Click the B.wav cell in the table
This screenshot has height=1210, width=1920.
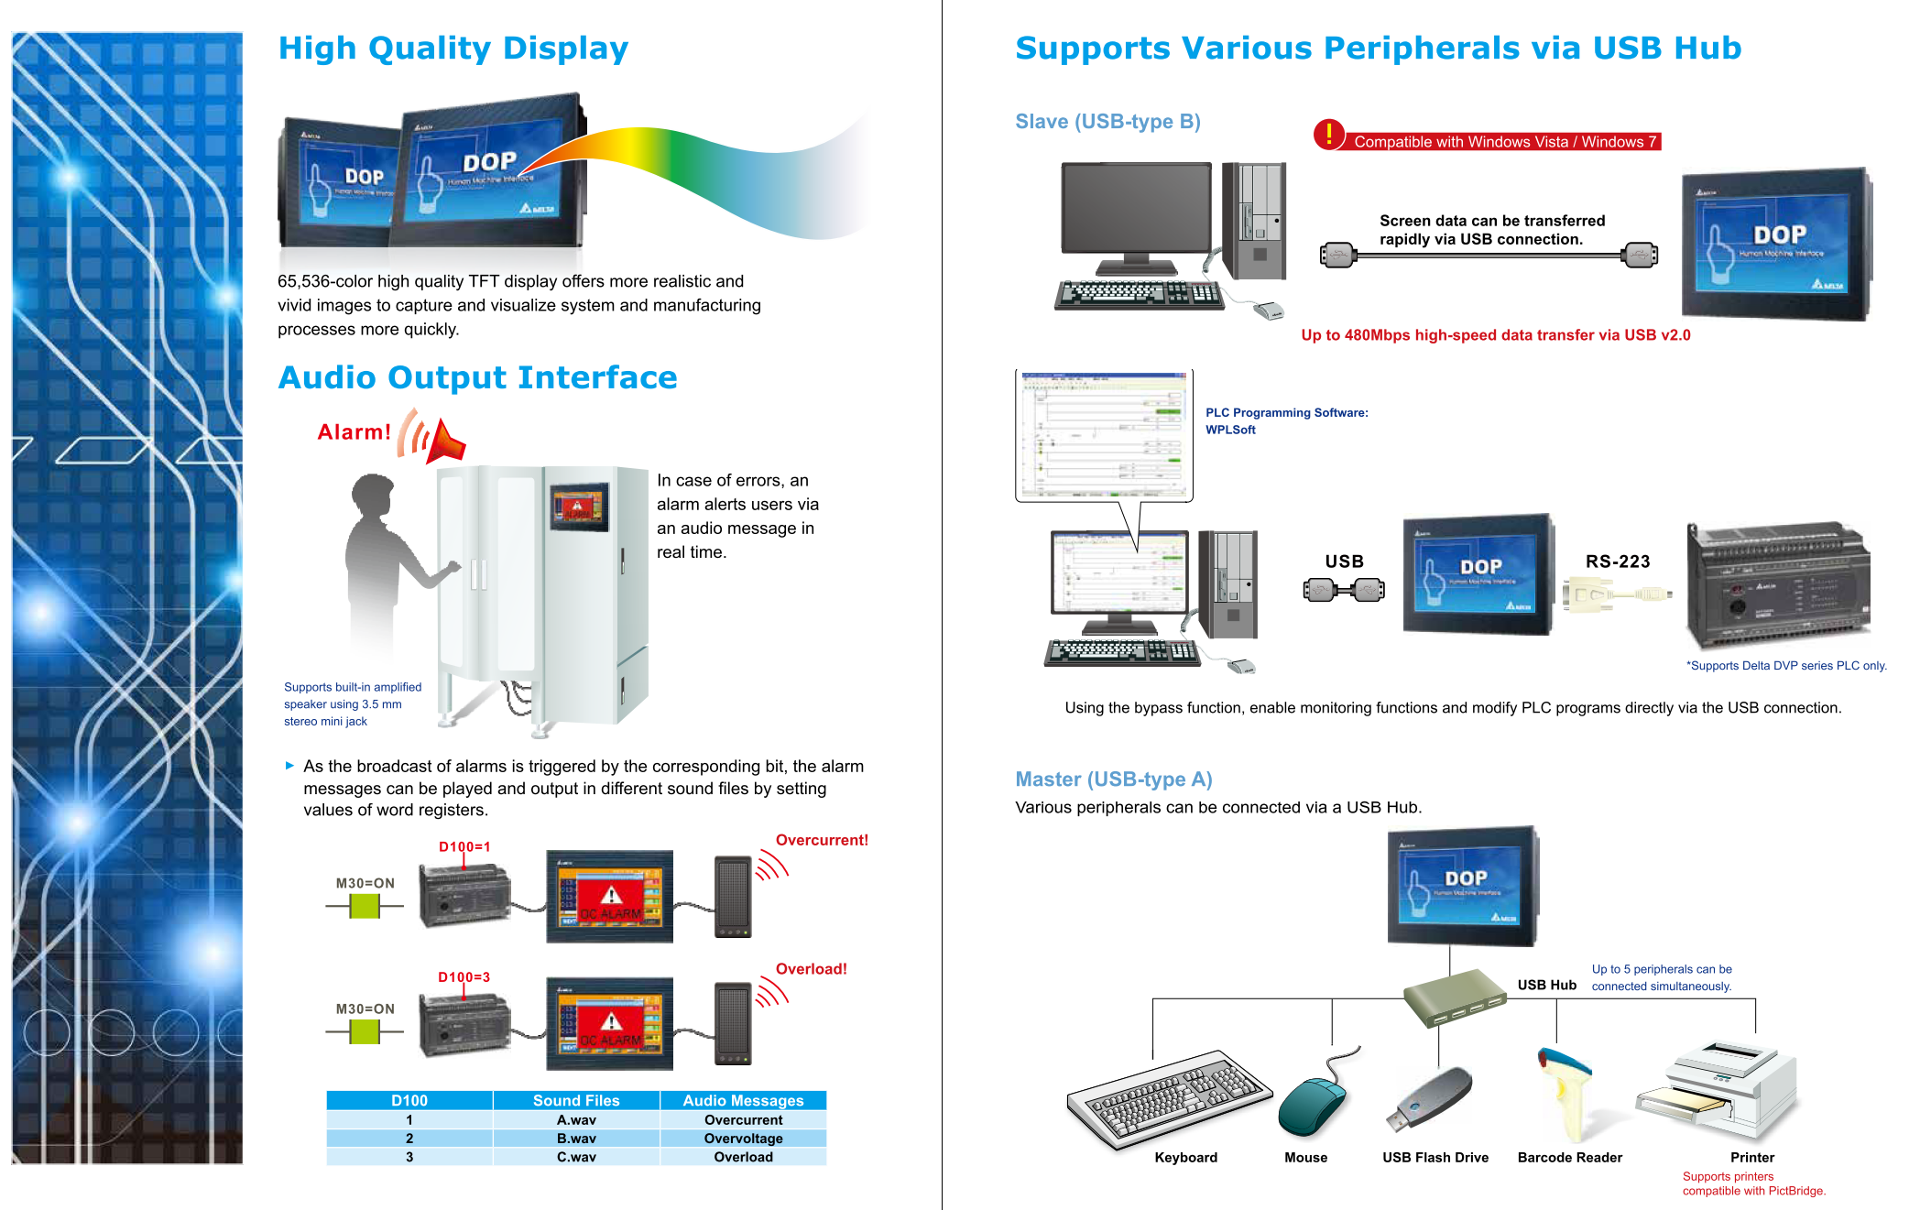tap(576, 1139)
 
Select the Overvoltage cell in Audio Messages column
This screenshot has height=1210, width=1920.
tap(743, 1139)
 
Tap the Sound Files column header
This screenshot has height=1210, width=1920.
tap(576, 1100)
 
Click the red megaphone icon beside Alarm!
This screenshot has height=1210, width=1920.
tap(445, 441)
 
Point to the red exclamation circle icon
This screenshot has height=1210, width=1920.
tap(1328, 135)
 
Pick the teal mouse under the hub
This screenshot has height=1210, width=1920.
tap(1312, 1106)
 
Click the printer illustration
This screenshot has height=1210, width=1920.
tap(1718, 1090)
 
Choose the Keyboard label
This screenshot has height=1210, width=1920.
tap(1185, 1158)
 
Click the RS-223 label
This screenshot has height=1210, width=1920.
tap(1618, 561)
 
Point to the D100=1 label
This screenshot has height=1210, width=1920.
tap(464, 846)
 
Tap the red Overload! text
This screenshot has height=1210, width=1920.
tap(811, 969)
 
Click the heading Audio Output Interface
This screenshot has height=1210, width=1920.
tap(477, 377)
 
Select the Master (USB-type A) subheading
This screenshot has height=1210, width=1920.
tap(1113, 779)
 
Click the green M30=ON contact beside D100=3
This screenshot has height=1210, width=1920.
tap(365, 1032)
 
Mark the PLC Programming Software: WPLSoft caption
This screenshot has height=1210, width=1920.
tap(1286, 421)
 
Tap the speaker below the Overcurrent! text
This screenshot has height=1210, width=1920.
tap(733, 897)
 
